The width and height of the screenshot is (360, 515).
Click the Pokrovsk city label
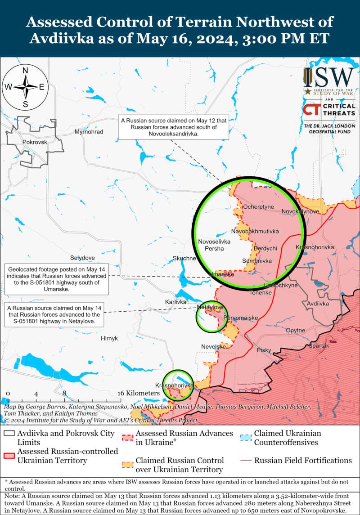coord(34,142)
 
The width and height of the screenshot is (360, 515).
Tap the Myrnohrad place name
coord(89,132)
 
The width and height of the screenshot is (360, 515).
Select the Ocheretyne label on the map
coord(258,207)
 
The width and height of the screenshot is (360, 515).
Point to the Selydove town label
coord(82,258)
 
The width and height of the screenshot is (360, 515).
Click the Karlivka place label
coord(175,302)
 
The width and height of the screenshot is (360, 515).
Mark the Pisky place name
coord(264,349)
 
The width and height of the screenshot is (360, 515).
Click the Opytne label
coord(296,330)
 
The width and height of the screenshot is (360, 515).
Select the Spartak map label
coord(319,346)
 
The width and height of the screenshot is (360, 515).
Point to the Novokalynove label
coord(300,211)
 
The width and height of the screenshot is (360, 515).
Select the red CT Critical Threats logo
coord(310,109)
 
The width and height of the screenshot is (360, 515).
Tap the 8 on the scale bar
coord(64,393)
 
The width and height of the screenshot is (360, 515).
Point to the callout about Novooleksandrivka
coord(174,127)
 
